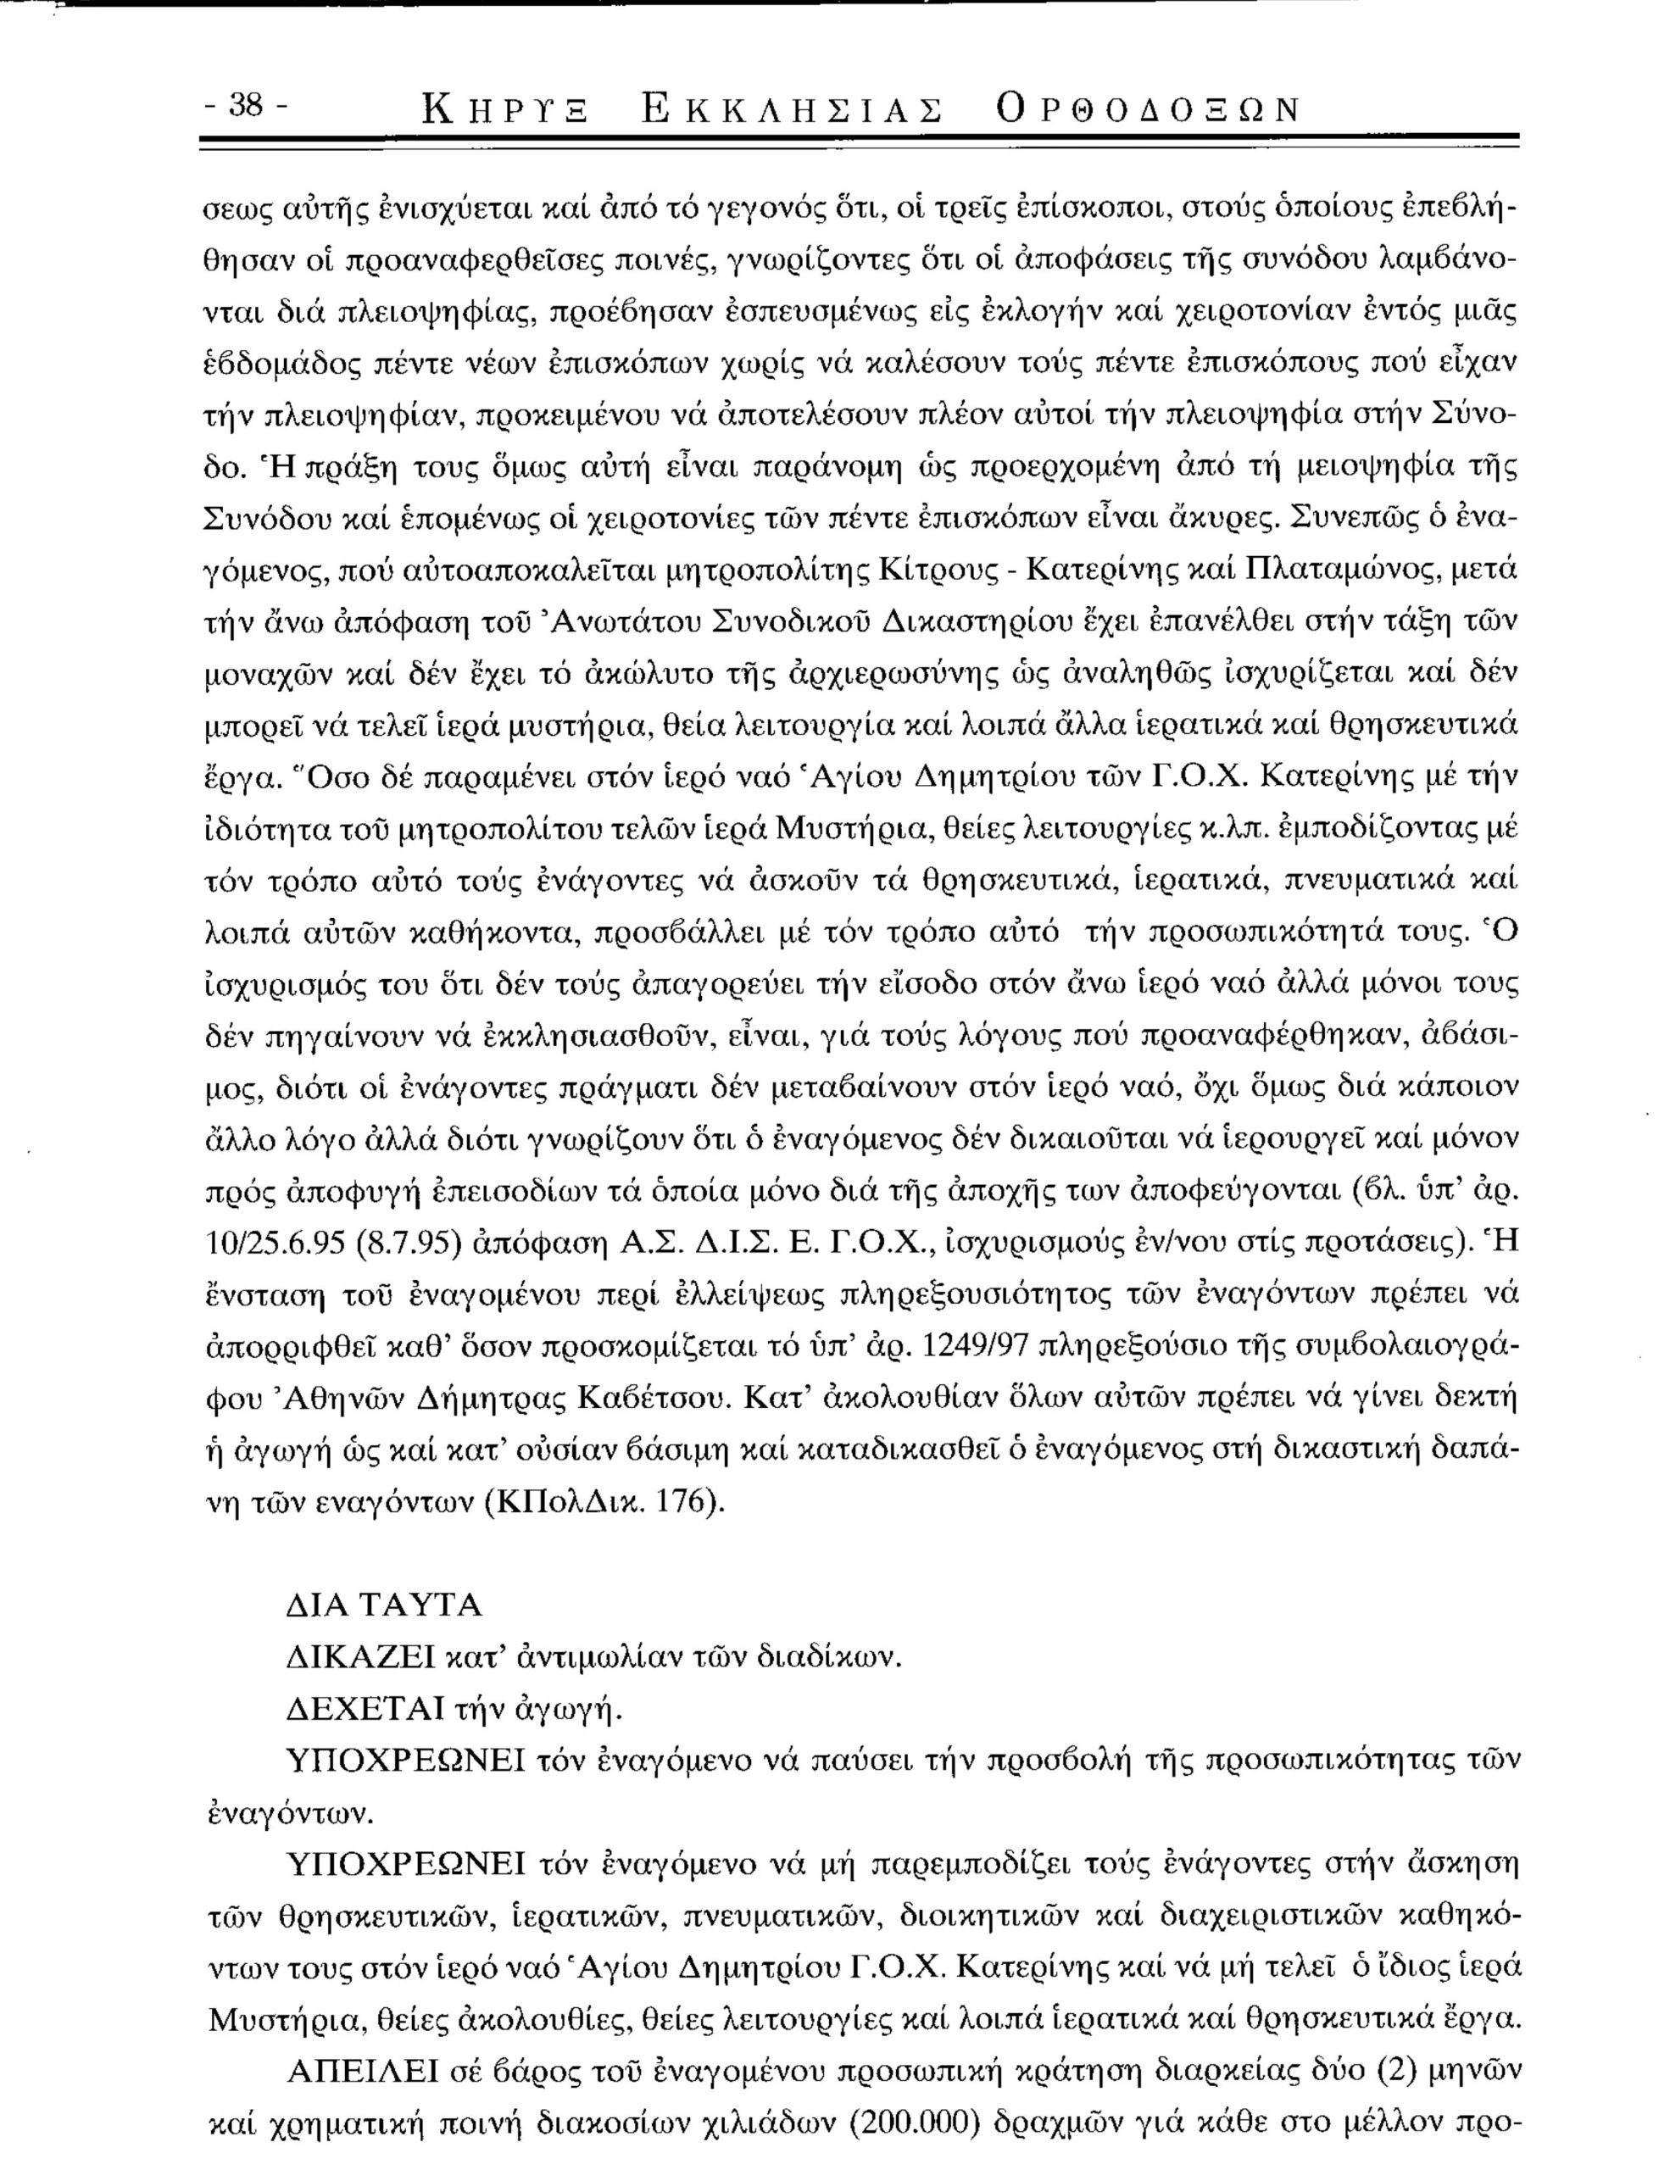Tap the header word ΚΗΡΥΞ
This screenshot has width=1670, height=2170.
tap(504, 110)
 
